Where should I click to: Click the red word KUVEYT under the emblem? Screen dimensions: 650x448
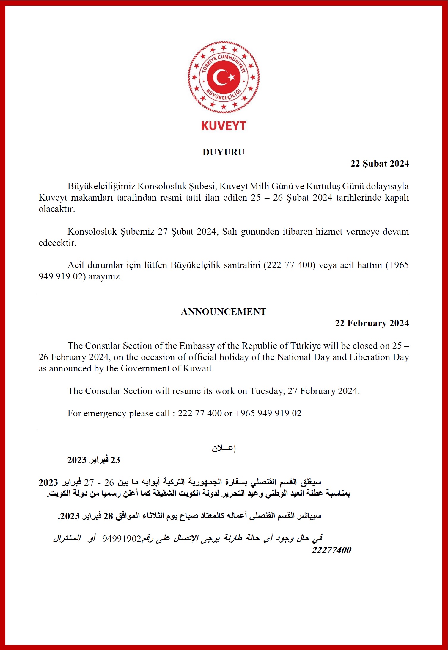(x=224, y=126)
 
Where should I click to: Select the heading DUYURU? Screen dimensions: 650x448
(x=224, y=152)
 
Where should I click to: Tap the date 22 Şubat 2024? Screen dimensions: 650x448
(x=380, y=164)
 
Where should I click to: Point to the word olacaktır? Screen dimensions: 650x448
(x=56, y=209)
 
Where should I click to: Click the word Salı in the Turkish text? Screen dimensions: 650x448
(x=229, y=232)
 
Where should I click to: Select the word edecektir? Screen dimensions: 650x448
(x=57, y=243)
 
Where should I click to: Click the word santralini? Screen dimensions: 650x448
(x=242, y=265)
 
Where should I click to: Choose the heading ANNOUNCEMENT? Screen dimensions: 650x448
(x=224, y=312)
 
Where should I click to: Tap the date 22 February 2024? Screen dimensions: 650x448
(x=372, y=323)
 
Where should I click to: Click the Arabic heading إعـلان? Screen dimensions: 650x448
(x=224, y=448)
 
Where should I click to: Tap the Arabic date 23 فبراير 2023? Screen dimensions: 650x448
(x=94, y=460)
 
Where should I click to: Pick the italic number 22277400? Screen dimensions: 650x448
(x=331, y=550)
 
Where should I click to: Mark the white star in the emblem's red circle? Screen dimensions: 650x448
(x=232, y=78)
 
